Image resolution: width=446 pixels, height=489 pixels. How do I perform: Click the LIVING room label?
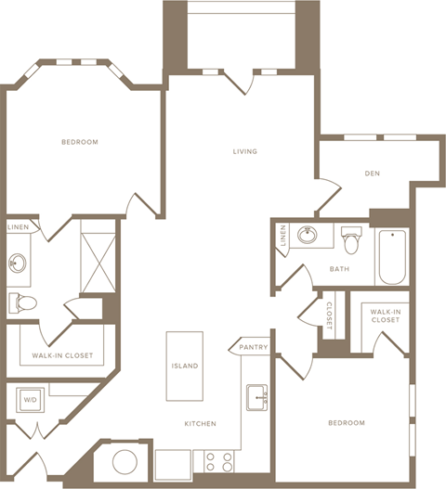click(x=244, y=151)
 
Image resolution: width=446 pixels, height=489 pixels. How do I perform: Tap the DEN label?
click(x=373, y=173)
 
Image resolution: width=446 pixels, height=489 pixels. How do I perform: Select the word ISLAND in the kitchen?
click(x=184, y=366)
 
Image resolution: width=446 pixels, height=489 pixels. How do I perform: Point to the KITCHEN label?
click(x=200, y=423)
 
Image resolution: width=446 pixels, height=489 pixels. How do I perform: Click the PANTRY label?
click(x=253, y=348)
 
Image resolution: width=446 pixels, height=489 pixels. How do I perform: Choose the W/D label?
click(x=29, y=401)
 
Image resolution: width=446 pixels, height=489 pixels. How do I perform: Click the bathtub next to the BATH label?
click(x=391, y=256)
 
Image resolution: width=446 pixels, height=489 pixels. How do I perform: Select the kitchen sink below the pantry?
click(x=256, y=397)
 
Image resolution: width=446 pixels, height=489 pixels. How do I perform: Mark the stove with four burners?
click(x=218, y=461)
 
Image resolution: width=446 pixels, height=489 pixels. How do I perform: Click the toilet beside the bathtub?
click(x=351, y=241)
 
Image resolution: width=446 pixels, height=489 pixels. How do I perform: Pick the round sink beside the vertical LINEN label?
click(x=308, y=236)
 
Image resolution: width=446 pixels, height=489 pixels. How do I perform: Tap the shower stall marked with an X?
click(x=98, y=256)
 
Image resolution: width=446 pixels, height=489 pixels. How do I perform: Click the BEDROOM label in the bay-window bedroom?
click(x=80, y=142)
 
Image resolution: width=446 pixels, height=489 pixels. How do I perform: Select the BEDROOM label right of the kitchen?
click(x=346, y=423)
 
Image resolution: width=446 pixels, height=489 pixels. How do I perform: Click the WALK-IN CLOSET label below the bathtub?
click(x=385, y=315)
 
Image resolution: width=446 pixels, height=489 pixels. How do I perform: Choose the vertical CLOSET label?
click(x=329, y=315)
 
